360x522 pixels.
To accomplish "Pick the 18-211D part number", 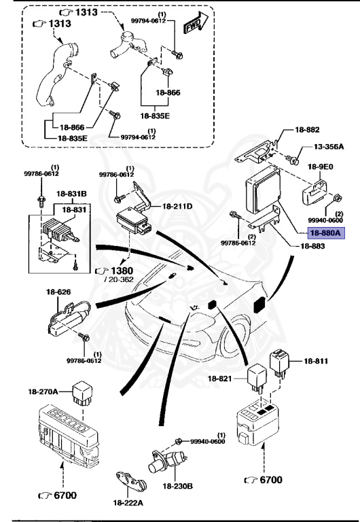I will click(x=176, y=205).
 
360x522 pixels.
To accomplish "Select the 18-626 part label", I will click(x=59, y=292).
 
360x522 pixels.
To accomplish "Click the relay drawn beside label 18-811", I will click(x=281, y=364).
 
